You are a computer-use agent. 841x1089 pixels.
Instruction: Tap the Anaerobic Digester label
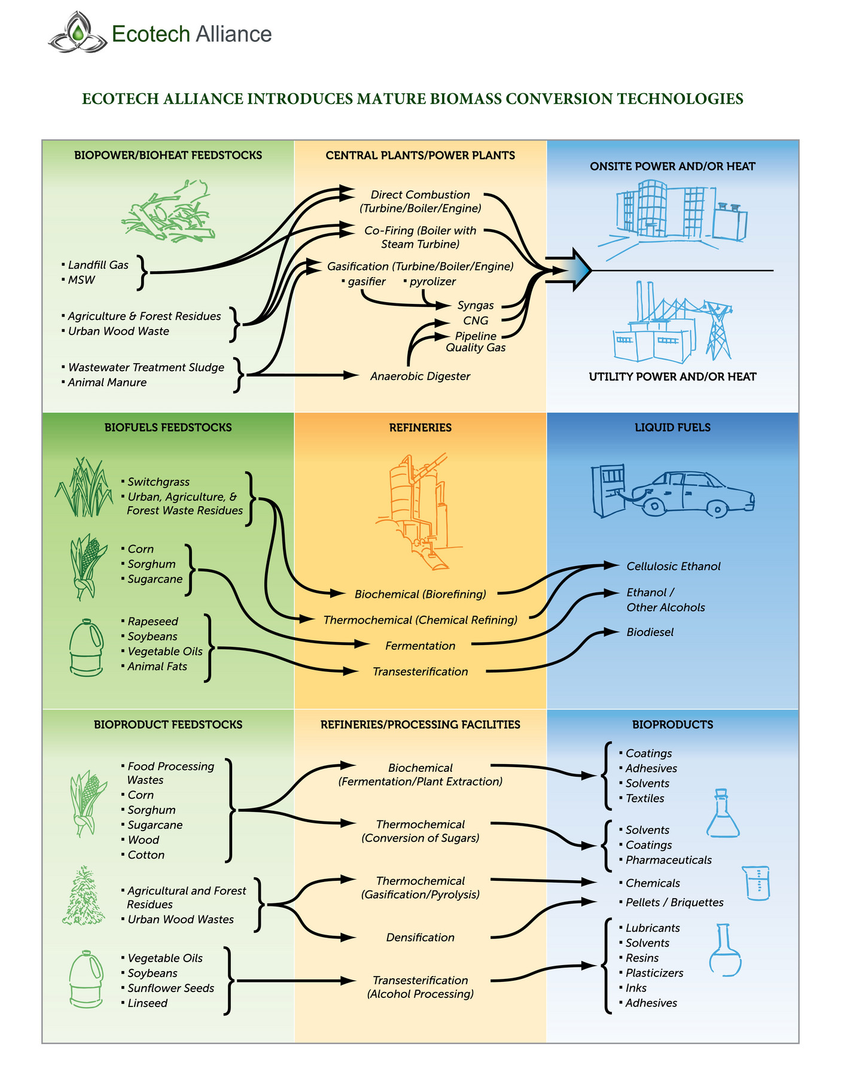pos(420,376)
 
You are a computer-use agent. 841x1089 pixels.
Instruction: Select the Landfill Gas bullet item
pos(97,265)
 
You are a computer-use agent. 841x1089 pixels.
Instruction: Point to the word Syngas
pos(476,305)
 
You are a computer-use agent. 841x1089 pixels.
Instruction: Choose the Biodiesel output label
pos(650,632)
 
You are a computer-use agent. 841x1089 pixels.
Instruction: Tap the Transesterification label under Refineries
pos(420,671)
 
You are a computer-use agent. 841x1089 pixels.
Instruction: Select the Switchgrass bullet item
pos(158,482)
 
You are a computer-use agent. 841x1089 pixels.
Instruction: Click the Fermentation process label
pos(420,646)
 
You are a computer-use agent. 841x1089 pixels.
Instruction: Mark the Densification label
pos(420,938)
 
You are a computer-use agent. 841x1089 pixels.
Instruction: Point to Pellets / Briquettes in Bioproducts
pos(674,902)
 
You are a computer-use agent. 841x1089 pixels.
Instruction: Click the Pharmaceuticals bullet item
pos(668,860)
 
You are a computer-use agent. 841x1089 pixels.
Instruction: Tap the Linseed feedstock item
pos(147,1003)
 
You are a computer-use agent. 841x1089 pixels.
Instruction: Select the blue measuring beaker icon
pos(758,883)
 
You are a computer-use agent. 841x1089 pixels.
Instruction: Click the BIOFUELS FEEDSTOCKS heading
pos(168,427)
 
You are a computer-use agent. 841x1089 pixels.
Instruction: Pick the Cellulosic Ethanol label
pos(673,566)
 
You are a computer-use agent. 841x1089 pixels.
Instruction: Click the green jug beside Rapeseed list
pos(86,649)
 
